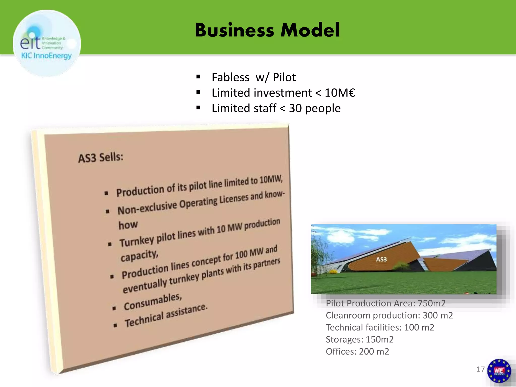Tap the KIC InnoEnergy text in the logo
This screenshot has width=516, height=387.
[46, 56]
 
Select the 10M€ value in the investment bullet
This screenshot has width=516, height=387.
[340, 93]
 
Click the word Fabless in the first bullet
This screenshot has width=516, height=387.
[230, 77]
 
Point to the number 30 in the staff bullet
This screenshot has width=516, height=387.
[295, 108]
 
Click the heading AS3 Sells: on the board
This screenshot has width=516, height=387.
[101, 158]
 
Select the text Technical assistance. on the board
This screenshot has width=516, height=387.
[166, 315]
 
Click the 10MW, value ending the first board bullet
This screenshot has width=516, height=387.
[271, 179]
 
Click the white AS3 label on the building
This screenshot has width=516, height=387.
[381, 259]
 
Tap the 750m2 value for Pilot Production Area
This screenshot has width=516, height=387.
[432, 303]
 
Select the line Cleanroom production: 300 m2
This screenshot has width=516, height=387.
[389, 315]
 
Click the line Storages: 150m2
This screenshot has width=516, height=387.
[360, 340]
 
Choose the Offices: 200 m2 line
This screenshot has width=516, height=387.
[357, 352]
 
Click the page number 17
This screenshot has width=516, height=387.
[480, 369]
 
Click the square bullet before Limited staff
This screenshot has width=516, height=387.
[198, 108]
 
